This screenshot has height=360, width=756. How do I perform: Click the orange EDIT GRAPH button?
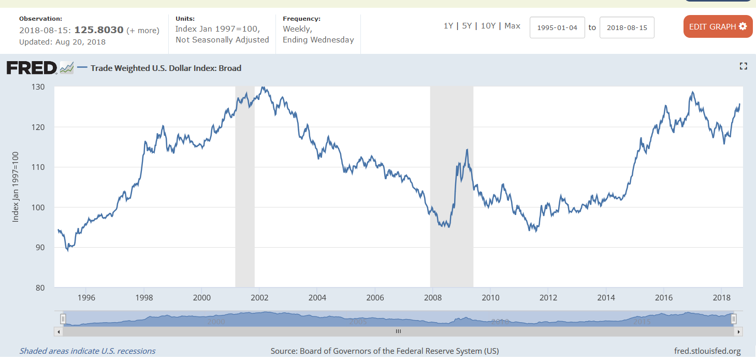[718, 26]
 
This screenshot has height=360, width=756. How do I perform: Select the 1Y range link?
[448, 26]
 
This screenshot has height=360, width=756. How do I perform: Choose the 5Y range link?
[467, 26]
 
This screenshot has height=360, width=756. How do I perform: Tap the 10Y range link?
[488, 26]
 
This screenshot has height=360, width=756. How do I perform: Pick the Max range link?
[512, 26]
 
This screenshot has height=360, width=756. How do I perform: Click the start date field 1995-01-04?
[557, 27]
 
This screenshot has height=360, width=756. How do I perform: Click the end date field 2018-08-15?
[627, 27]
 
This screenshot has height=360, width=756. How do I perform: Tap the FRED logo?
[32, 68]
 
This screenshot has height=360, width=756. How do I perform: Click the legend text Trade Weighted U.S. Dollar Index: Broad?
[166, 68]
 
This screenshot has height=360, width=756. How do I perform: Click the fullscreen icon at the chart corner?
[743, 66]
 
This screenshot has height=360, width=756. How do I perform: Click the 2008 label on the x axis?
[433, 297]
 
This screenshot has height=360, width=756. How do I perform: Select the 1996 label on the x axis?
[86, 297]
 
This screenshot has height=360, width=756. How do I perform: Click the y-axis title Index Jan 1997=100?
[16, 187]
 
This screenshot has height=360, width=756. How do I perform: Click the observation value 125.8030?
[99, 30]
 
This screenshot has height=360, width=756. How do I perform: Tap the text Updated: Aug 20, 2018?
[62, 42]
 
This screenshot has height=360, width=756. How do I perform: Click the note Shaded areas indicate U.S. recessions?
[88, 351]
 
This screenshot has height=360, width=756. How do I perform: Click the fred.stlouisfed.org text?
[707, 351]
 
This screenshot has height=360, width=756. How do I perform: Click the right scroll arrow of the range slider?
[738, 331]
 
